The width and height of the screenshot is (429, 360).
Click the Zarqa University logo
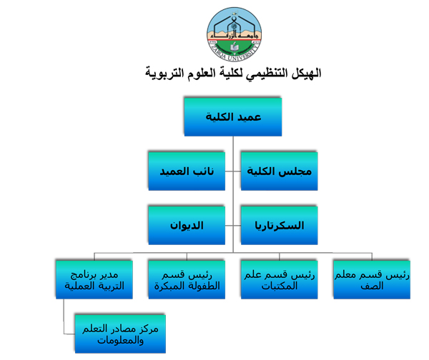tap(234, 34)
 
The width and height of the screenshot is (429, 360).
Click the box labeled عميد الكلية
tap(233, 117)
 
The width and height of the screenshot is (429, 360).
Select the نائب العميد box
tap(187, 171)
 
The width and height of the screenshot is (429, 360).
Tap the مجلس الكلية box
tap(279, 171)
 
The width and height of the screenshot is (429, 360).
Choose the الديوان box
tap(187, 225)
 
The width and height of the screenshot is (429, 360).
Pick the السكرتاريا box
tap(279, 225)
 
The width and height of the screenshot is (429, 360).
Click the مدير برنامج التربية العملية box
tap(94, 279)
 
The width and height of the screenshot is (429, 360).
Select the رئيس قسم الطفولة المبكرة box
tap(187, 279)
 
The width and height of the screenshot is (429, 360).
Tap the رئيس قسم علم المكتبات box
tap(279, 279)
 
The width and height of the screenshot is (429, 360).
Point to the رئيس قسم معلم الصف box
tap(372, 279)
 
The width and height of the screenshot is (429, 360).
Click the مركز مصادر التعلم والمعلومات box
tap(120, 334)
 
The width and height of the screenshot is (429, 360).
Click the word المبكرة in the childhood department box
tap(169, 286)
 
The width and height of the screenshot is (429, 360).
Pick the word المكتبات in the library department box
tap(279, 286)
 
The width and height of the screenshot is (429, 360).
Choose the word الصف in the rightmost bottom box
tap(372, 286)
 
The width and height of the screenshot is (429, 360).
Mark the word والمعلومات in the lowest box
tap(120, 341)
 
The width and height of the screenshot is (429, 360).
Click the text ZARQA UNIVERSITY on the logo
tap(235, 54)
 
